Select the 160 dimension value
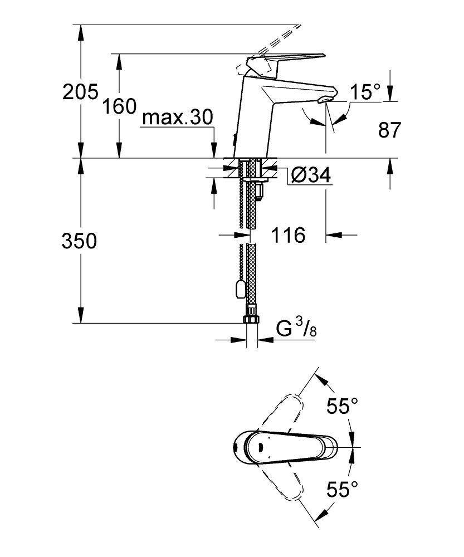tap(119, 105)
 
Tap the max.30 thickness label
tap(178, 118)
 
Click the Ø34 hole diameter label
tap(311, 176)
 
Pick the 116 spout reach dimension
tap(289, 235)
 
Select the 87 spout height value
tap(389, 130)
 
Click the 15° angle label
tap(365, 92)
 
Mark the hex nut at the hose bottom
tap(252, 320)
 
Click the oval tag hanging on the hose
tap(240, 289)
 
